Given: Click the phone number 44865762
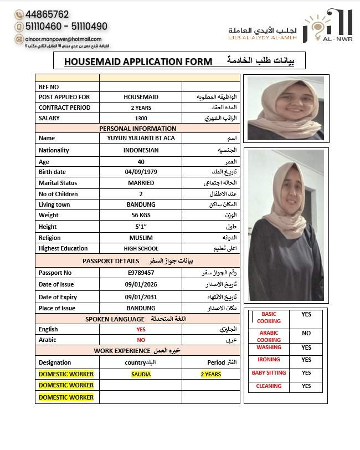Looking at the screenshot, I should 47,14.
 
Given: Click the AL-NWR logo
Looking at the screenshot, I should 329,26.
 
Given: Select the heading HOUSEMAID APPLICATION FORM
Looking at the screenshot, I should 138,62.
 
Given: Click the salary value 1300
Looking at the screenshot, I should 141,118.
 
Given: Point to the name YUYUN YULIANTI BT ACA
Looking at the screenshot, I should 141,138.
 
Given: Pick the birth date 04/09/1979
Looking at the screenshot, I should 141,172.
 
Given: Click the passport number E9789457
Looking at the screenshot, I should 141,273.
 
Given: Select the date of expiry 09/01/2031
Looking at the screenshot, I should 141,297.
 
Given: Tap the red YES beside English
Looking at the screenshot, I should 141,329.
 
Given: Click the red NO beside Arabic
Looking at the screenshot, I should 141,340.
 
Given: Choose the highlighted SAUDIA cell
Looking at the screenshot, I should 141,374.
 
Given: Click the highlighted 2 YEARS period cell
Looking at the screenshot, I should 210,374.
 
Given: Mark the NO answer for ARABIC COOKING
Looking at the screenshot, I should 306,333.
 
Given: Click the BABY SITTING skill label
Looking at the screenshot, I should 269,373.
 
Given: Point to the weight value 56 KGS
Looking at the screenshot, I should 141,215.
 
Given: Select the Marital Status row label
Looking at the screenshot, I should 58,183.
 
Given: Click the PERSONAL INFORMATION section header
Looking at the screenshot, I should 138,129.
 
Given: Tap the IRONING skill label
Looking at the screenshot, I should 269,360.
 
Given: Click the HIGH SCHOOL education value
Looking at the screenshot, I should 141,249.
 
